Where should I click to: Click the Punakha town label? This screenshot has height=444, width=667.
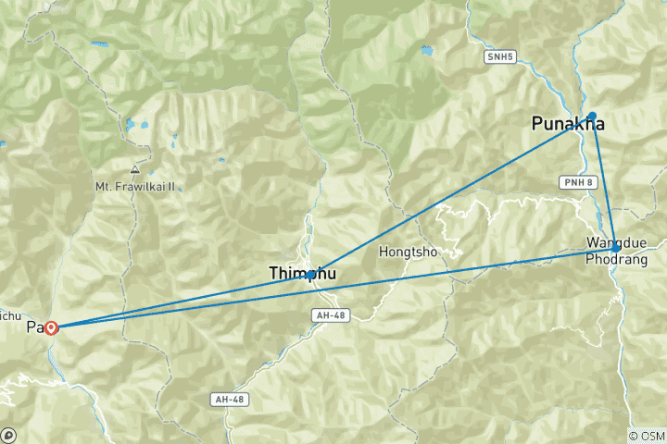point(568,124)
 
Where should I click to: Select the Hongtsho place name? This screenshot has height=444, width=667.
point(409,252)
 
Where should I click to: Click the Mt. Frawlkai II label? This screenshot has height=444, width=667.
point(135,186)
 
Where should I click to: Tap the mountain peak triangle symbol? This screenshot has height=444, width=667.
point(135,170)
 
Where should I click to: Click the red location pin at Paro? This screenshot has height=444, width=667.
point(52,327)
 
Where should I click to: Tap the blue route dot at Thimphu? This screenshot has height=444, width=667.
point(310,275)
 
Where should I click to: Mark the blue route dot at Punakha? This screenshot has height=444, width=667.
point(593,116)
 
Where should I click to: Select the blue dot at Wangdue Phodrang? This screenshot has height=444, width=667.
point(616,248)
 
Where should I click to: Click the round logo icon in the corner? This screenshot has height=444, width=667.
point(8,435)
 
